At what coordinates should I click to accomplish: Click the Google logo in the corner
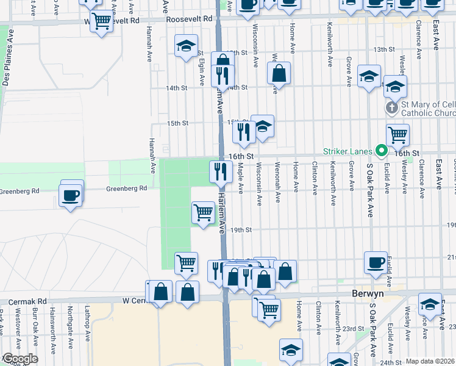click(x=20, y=359)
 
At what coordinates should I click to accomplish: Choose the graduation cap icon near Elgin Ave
click(x=186, y=46)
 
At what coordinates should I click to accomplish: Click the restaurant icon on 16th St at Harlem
click(x=220, y=171)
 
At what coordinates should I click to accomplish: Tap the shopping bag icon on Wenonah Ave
click(x=279, y=73)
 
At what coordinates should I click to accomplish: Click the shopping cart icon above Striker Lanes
click(x=397, y=134)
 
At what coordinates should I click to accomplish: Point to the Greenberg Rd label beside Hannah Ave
click(x=127, y=189)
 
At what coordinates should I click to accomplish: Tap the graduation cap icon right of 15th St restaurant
click(x=263, y=127)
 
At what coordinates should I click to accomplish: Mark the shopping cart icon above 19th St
click(x=203, y=213)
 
